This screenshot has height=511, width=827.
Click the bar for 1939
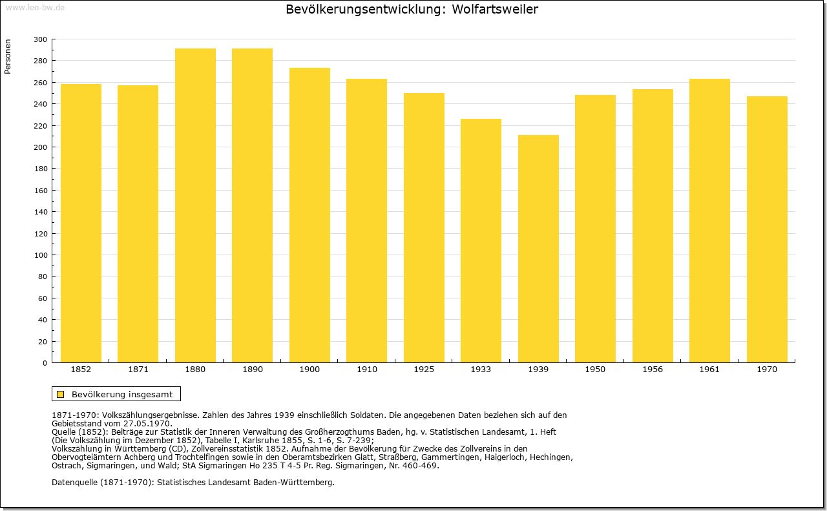click(538, 249)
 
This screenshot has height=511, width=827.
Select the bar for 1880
click(195, 205)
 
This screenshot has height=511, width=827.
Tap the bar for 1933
click(481, 241)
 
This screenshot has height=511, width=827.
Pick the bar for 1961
click(709, 221)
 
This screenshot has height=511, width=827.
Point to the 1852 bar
click(81, 224)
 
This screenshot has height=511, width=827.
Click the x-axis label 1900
click(309, 370)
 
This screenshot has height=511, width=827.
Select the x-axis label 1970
click(767, 370)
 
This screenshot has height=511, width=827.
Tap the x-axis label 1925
click(424, 370)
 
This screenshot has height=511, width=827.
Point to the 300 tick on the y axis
click(40, 39)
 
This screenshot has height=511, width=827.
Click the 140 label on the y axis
click(40, 212)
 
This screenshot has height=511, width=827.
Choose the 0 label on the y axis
click(45, 363)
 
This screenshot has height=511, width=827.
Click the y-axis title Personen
click(8, 56)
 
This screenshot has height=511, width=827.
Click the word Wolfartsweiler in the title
click(495, 9)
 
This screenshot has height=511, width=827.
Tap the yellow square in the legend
click(61, 394)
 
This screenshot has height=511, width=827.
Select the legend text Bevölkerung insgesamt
click(122, 394)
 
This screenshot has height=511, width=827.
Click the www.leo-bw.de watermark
click(36, 7)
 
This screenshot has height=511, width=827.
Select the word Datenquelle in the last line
click(75, 482)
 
